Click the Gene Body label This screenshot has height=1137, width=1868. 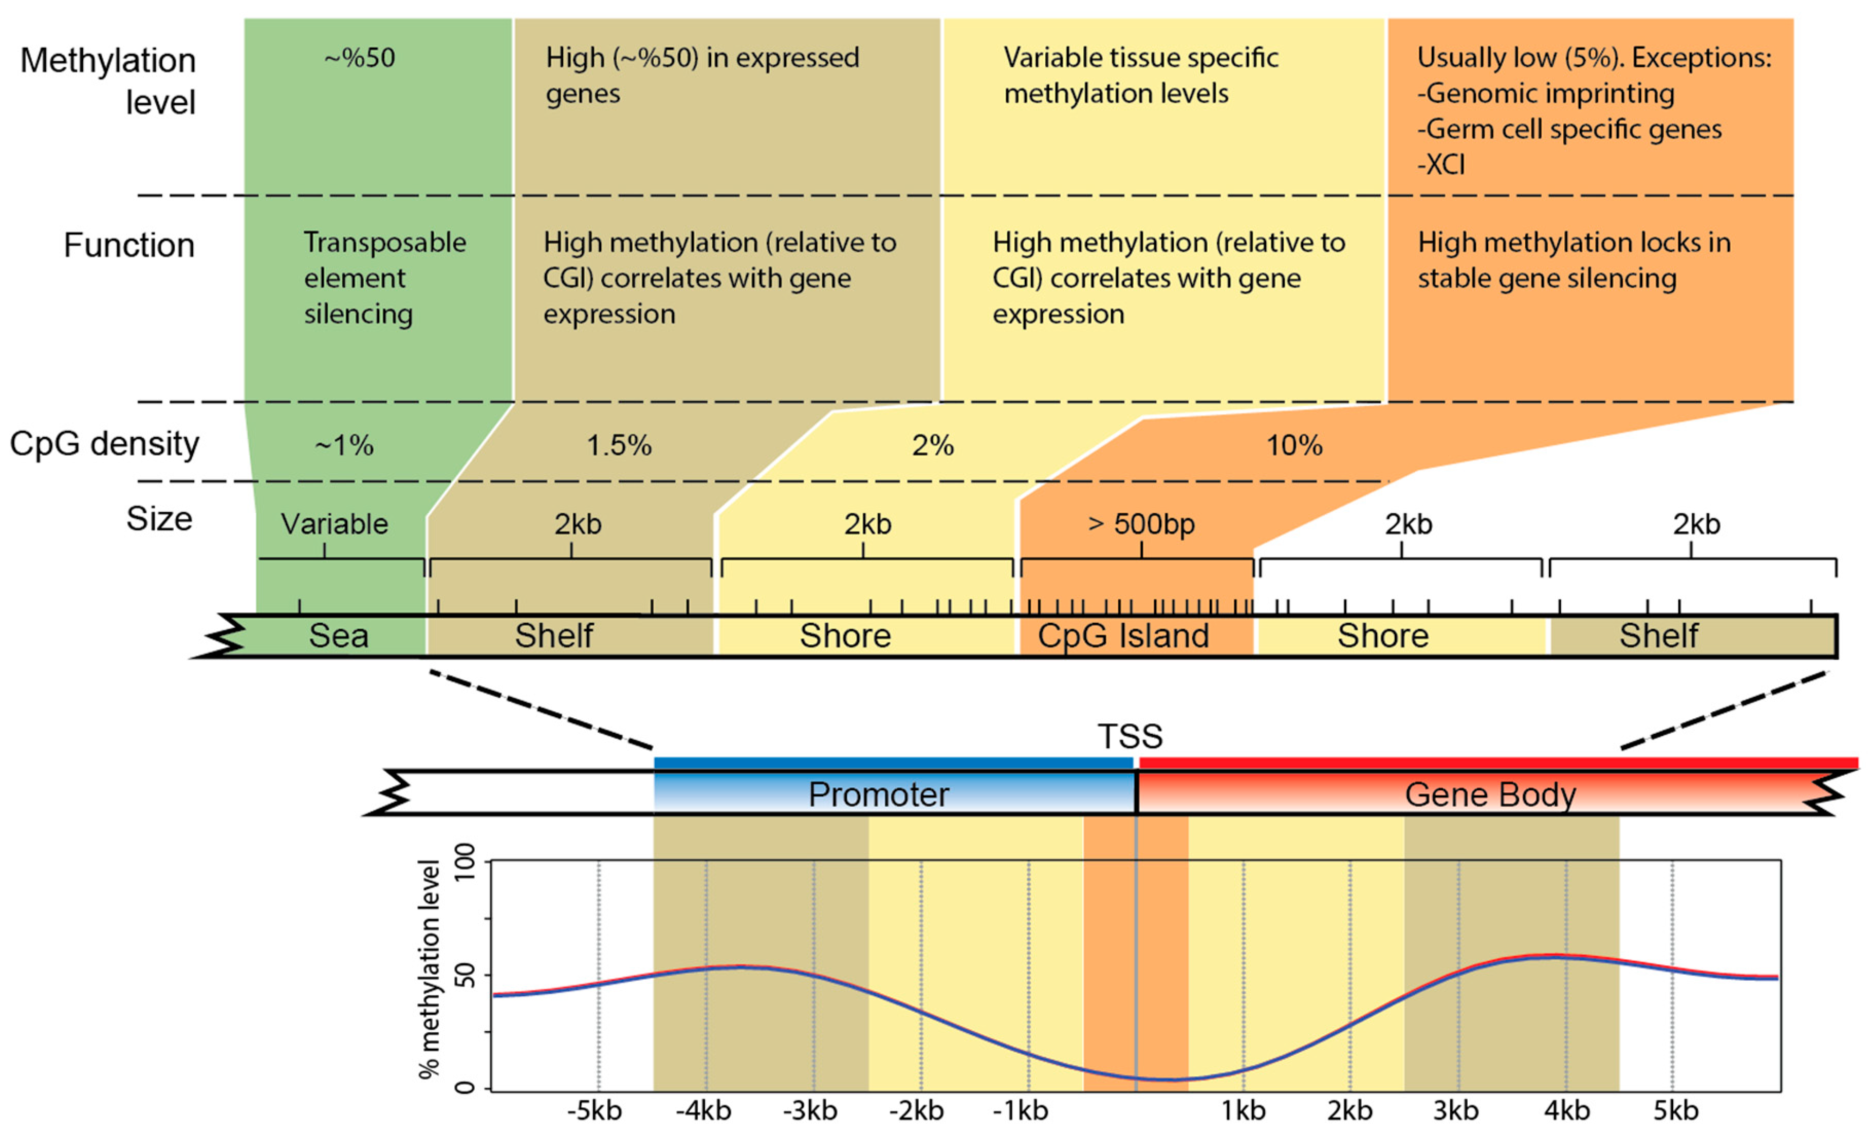(1490, 794)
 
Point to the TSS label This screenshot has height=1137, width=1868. (1130, 736)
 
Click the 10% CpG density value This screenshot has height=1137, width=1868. (1294, 445)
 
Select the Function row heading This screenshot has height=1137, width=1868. (129, 246)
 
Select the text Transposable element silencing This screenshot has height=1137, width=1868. (384, 278)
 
